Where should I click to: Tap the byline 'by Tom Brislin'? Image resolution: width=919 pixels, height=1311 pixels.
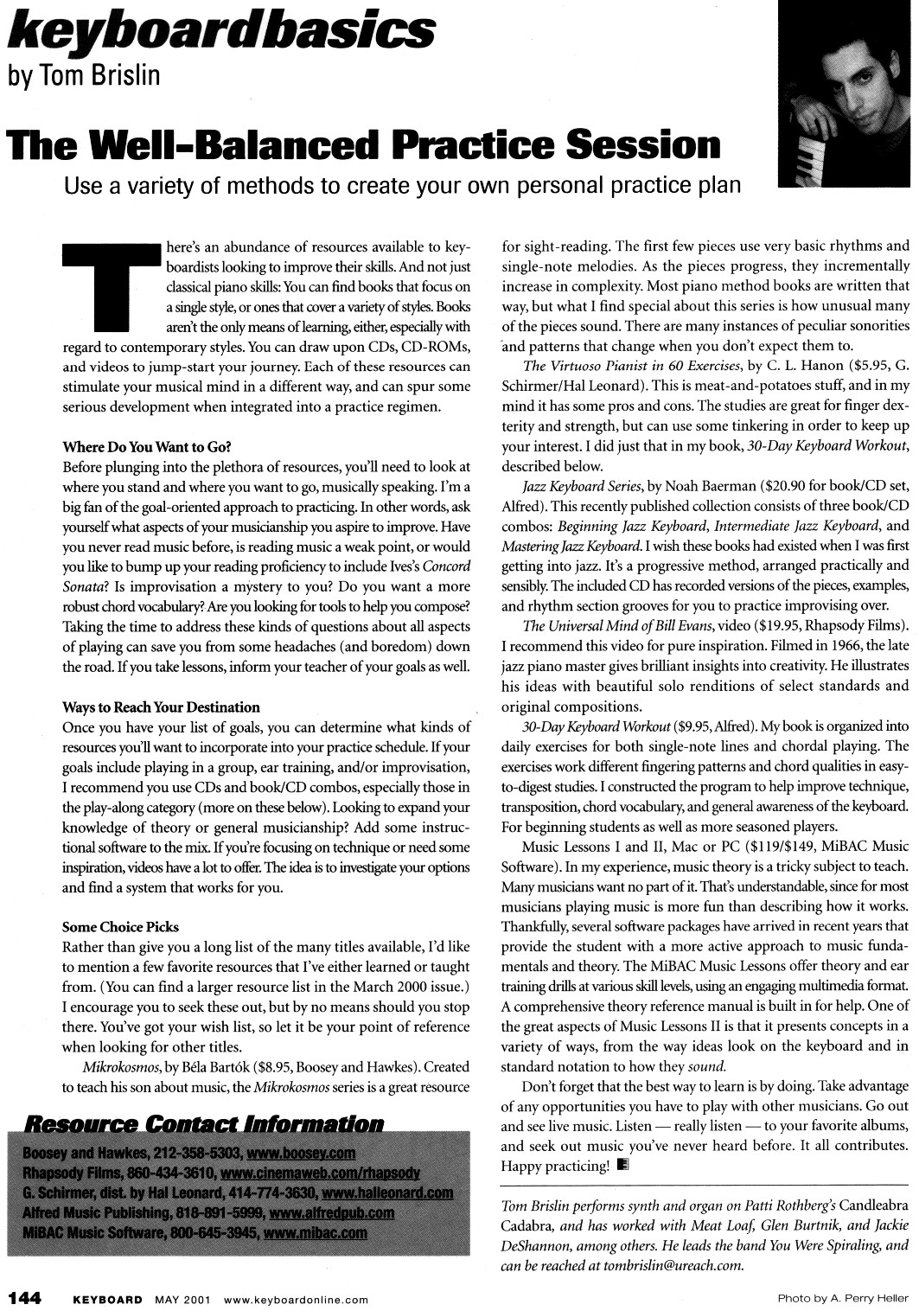(84, 75)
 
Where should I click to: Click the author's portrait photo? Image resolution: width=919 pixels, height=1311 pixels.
(846, 93)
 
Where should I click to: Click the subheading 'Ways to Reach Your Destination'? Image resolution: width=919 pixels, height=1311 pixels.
(162, 707)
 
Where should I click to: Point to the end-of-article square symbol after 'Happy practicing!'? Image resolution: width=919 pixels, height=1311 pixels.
(623, 1165)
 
